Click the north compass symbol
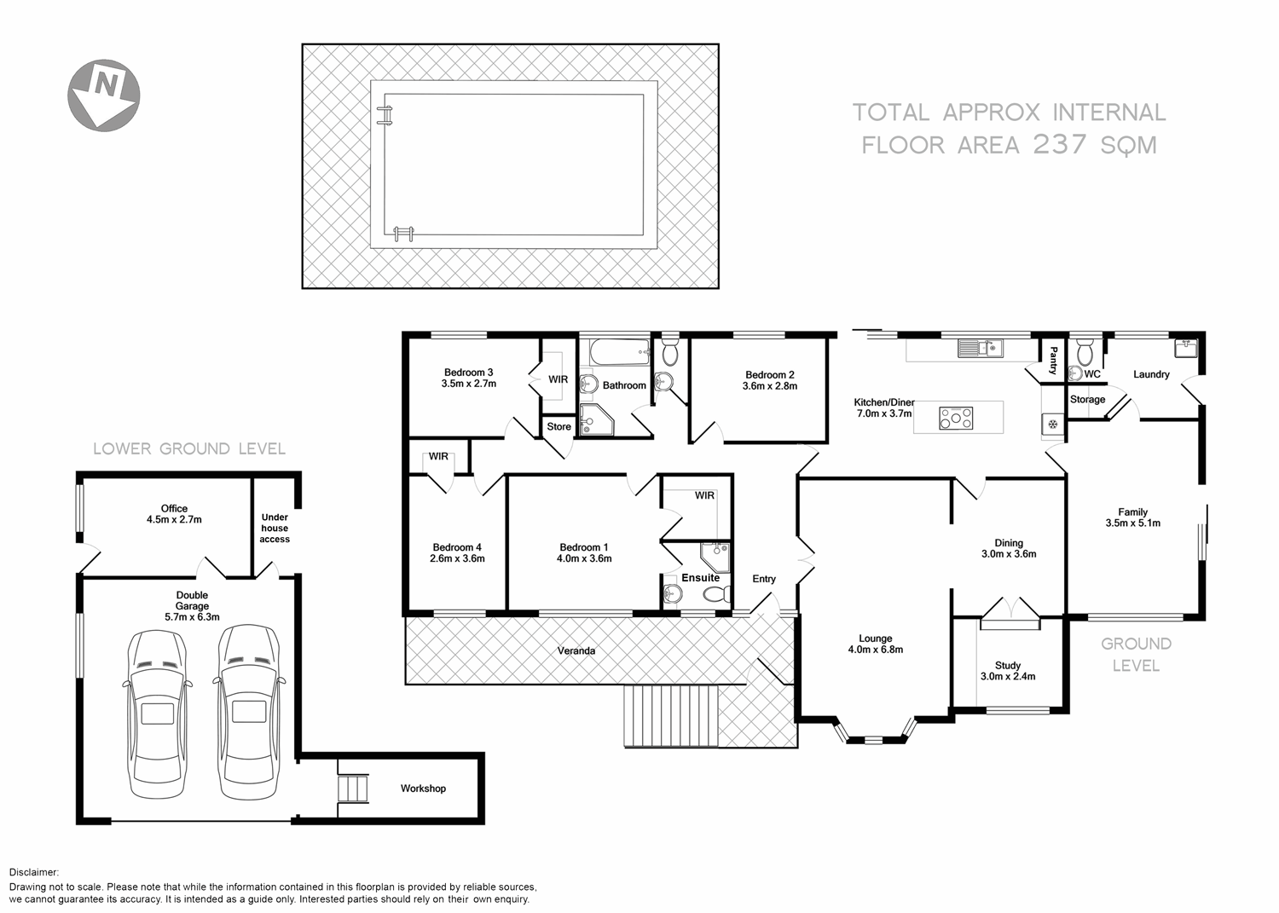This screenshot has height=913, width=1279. pyautogui.click(x=103, y=95)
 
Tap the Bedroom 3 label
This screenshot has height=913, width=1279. pyautogui.click(x=468, y=373)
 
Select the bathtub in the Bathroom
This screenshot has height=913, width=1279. pyautogui.click(x=614, y=350)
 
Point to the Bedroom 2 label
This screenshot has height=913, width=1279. pyautogui.click(x=769, y=375)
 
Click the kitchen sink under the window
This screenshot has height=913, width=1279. pyautogui.click(x=981, y=348)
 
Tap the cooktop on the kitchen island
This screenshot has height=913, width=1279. pyautogui.click(x=956, y=418)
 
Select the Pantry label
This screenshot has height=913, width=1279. pyautogui.click(x=1053, y=360)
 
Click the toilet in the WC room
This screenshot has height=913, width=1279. pyautogui.click(x=1085, y=350)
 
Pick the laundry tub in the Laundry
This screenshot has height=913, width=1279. pyautogui.click(x=1186, y=348)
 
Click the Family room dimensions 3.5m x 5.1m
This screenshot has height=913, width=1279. pyautogui.click(x=1132, y=523)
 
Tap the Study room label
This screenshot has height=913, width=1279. pyautogui.click(x=1007, y=666)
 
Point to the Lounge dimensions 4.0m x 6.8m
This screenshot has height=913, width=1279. pyautogui.click(x=875, y=650)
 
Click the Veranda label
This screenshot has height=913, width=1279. pyautogui.click(x=576, y=650)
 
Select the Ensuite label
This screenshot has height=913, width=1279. pyautogui.click(x=700, y=578)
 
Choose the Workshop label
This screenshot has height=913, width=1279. pyautogui.click(x=423, y=789)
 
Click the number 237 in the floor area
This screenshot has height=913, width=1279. pyautogui.click(x=1060, y=144)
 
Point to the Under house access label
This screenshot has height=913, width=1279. pyautogui.click(x=275, y=528)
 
